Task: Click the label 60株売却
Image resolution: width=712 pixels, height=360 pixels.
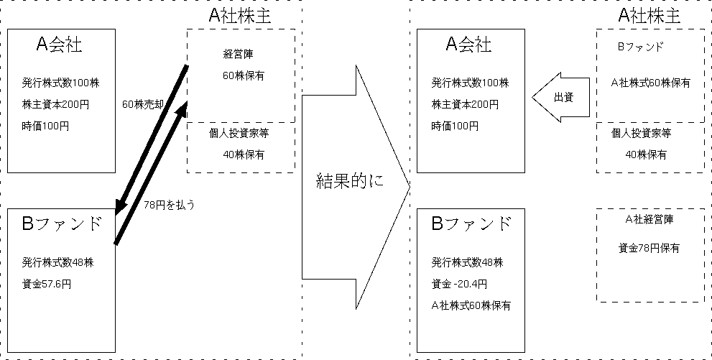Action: click(x=144, y=104)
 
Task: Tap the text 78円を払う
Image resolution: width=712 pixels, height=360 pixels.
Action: click(x=170, y=204)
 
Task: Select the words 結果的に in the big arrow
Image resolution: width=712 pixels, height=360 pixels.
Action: click(x=350, y=180)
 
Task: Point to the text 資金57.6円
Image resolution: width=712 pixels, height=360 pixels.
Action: click(x=47, y=284)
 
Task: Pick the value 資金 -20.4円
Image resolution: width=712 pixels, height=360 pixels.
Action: click(x=459, y=283)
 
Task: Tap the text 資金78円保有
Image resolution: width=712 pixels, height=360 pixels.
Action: click(x=649, y=249)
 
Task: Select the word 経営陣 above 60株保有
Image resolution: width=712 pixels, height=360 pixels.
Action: click(x=239, y=53)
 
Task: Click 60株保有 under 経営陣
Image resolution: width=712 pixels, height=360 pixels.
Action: click(x=243, y=75)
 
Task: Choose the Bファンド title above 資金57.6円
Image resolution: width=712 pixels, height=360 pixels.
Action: click(x=63, y=223)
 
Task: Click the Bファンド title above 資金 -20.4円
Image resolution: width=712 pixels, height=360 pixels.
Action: click(x=472, y=223)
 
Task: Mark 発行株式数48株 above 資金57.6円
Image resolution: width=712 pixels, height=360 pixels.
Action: click(x=58, y=262)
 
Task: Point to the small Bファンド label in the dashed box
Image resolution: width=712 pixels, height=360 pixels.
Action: click(x=640, y=46)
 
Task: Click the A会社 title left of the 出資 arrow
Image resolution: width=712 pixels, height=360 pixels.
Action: click(x=468, y=45)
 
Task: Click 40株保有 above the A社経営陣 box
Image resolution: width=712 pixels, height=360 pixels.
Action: click(x=645, y=154)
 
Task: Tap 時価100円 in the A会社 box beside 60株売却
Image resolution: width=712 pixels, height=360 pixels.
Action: click(x=46, y=126)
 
